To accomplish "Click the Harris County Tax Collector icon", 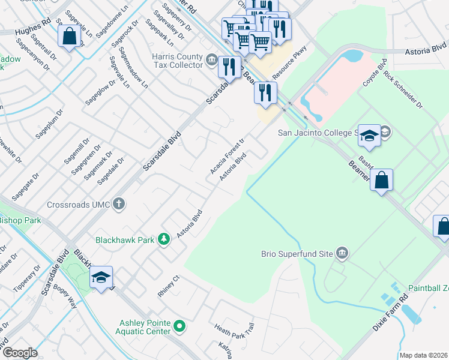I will pos(211,59).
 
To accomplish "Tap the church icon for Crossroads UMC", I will pos(119,204).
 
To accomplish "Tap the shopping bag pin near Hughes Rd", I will pos(70,36).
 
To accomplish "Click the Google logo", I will pos(19,352).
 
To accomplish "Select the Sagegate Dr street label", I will pos(25,185).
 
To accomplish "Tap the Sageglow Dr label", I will pos(96,94).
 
